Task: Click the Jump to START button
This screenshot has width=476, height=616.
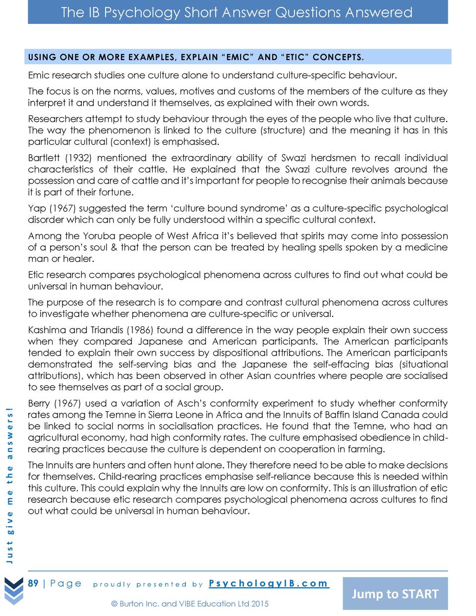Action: (395, 594)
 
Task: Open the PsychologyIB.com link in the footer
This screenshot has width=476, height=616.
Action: (268, 583)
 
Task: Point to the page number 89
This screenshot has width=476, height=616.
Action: (33, 583)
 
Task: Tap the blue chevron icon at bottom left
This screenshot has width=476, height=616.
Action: (14, 591)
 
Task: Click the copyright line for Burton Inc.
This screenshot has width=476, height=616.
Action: (190, 604)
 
